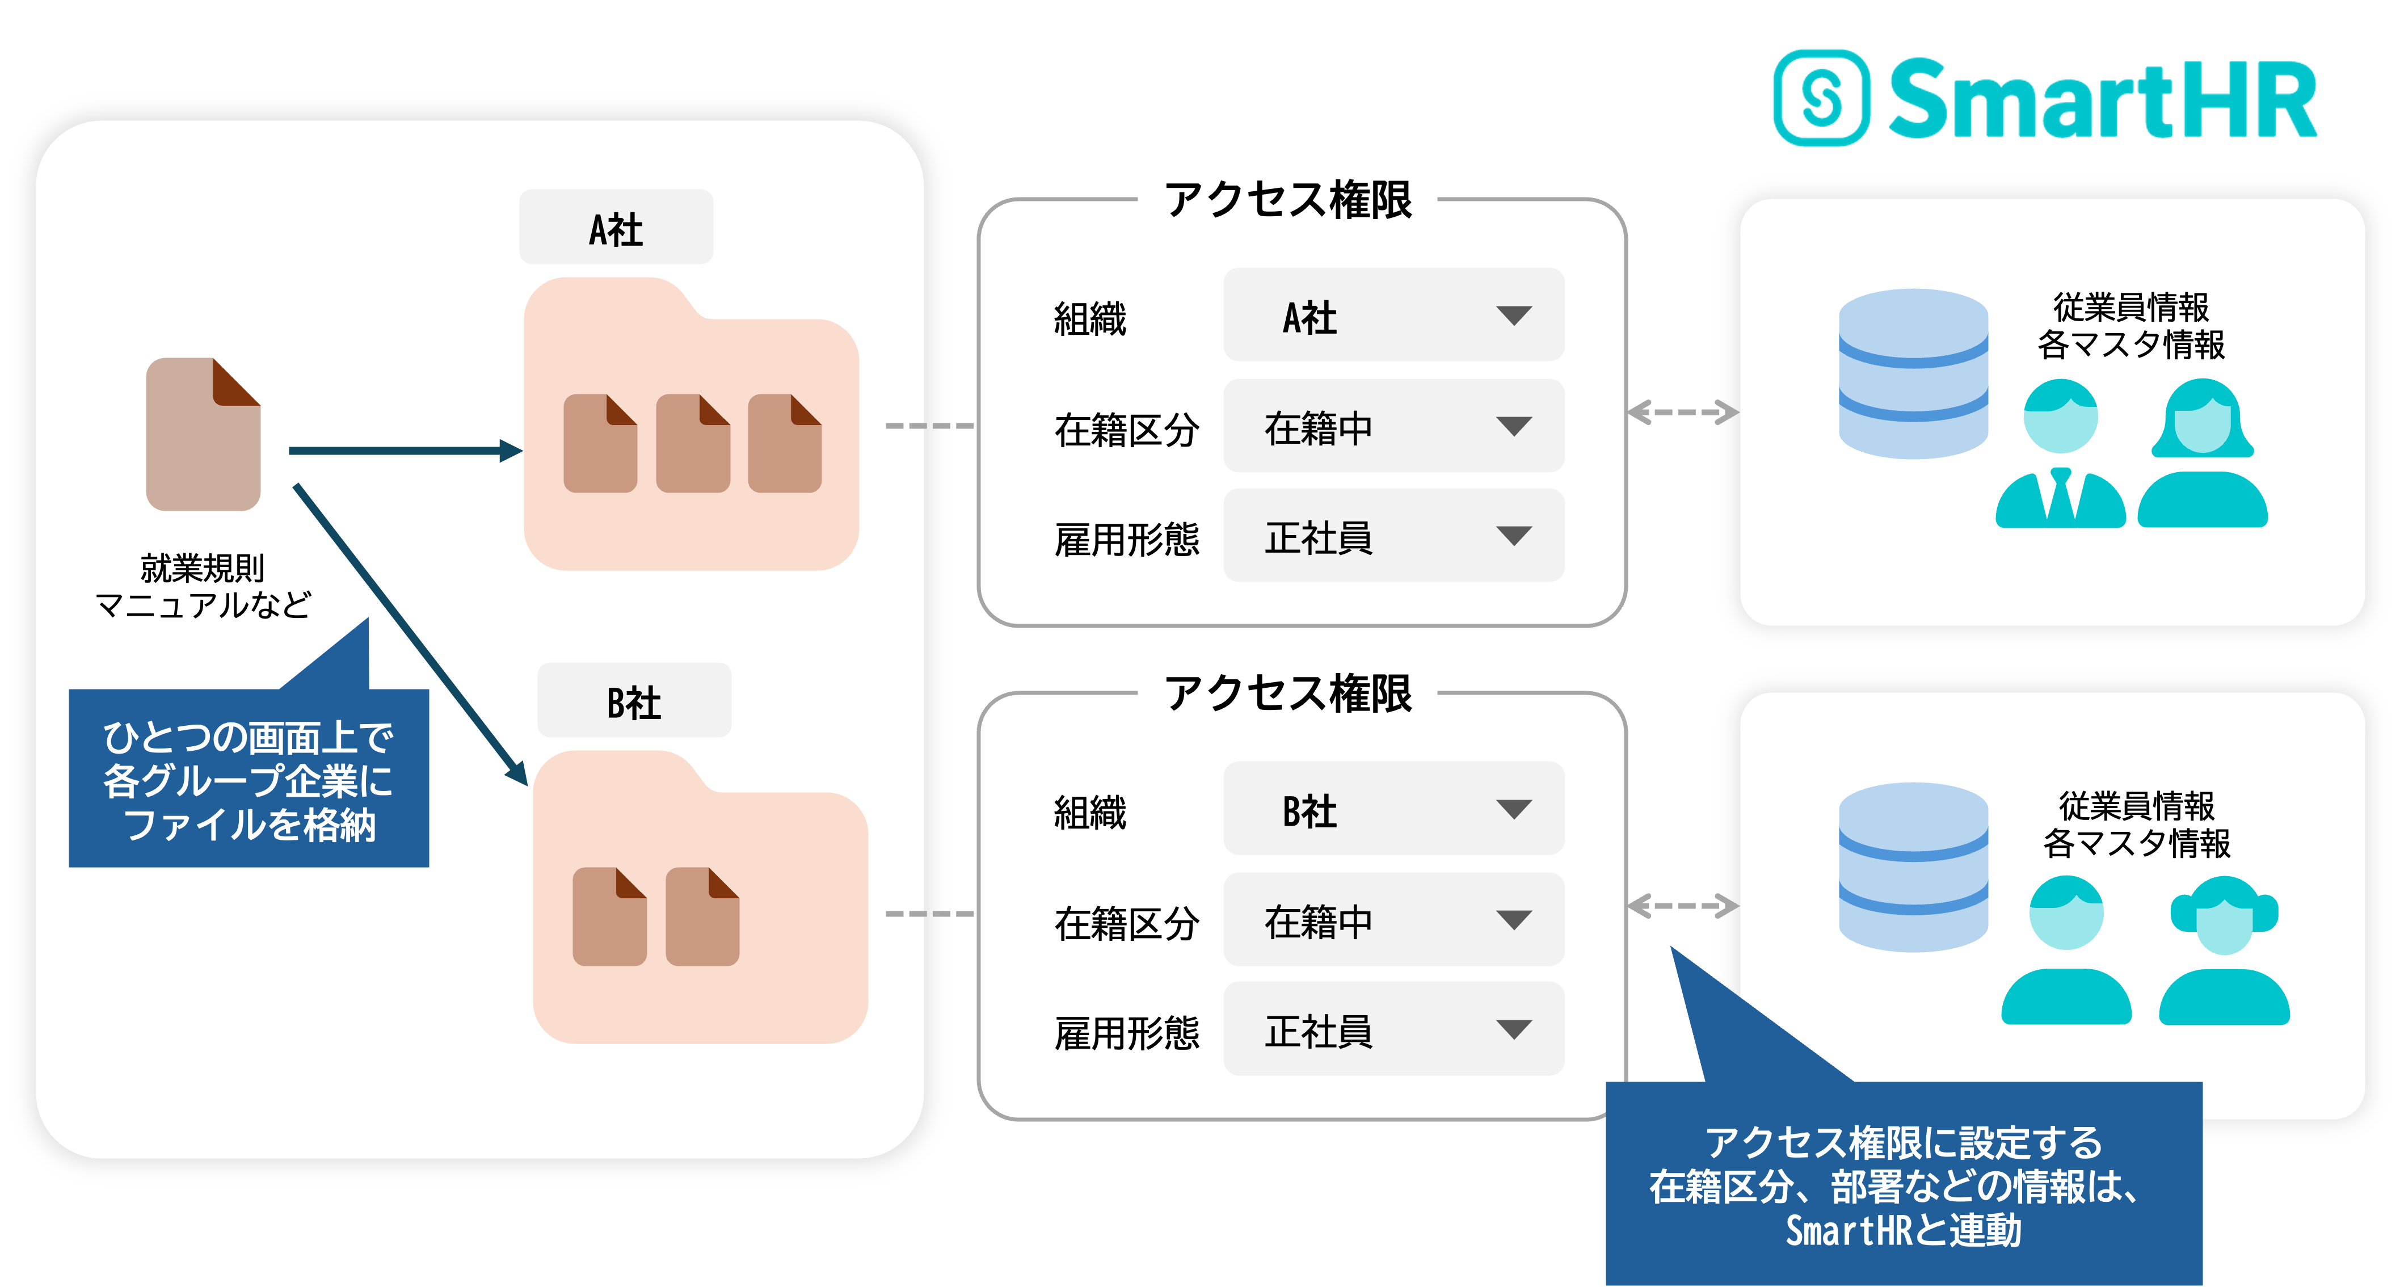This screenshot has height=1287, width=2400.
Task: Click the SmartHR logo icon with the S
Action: point(1821,98)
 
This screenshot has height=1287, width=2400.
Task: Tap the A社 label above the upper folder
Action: point(616,228)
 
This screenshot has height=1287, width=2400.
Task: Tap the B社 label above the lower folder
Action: point(634,702)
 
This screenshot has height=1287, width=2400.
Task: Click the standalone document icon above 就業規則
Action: point(203,434)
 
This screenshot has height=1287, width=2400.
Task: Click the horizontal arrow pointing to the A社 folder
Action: point(405,451)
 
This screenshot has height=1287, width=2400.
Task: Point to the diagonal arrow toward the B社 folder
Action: point(410,634)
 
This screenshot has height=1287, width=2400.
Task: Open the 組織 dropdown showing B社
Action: point(1393,809)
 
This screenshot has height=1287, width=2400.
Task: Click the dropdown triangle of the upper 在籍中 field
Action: point(1513,427)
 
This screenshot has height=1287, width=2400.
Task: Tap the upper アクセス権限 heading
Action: point(1287,199)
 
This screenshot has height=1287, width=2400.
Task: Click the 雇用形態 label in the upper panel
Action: point(1126,539)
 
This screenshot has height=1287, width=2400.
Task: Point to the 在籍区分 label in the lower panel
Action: point(1126,923)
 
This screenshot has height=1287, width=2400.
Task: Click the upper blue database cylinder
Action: point(1913,373)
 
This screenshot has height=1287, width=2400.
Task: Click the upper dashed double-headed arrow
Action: point(1683,412)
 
